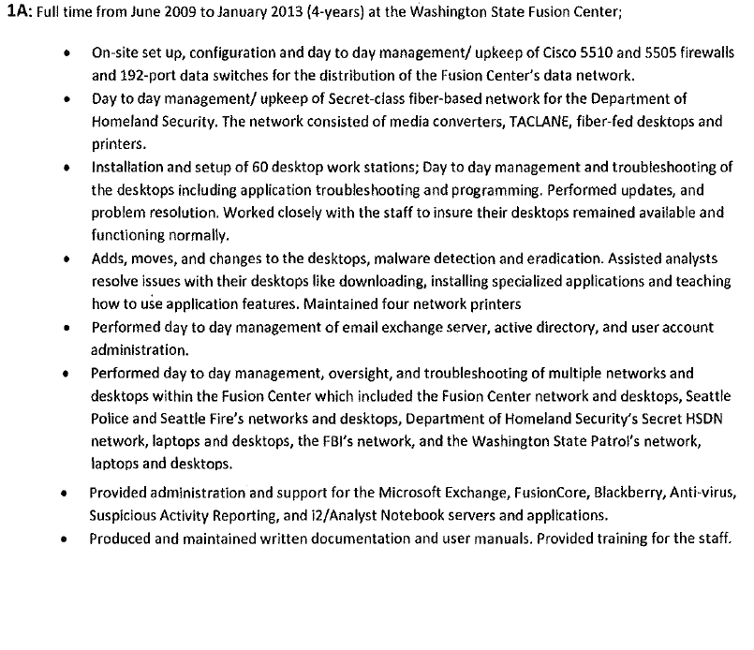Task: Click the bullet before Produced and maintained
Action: pyautogui.click(x=63, y=539)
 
